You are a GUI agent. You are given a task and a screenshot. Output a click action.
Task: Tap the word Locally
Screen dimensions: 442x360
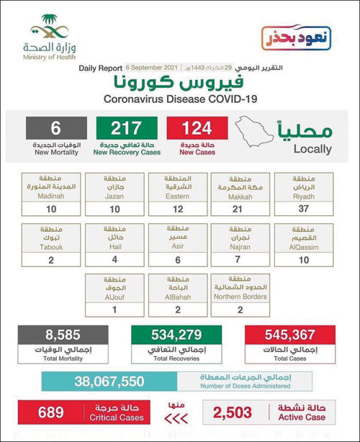click(x=312, y=150)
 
